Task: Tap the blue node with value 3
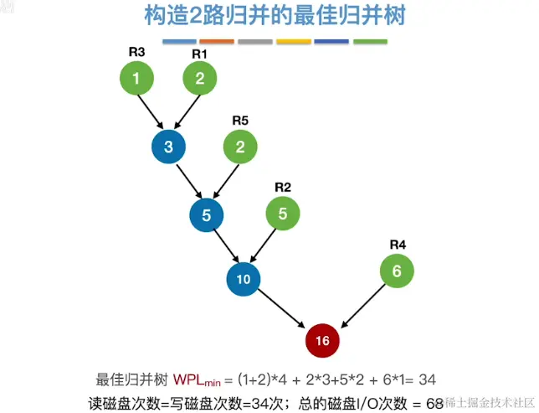tap(168, 147)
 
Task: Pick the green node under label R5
tap(240, 147)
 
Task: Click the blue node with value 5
tap(207, 214)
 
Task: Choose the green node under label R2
tap(283, 214)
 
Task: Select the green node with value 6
tap(397, 271)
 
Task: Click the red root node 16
tap(323, 340)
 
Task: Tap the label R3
tap(136, 52)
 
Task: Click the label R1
tap(200, 54)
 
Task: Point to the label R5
tap(240, 121)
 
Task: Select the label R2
tap(283, 187)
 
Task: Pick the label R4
tap(398, 245)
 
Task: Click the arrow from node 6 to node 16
tap(361, 305)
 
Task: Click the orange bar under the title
tap(218, 41)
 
